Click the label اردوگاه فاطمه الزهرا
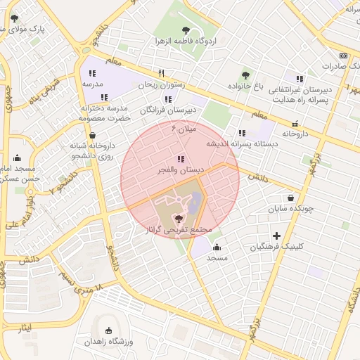click(x=186, y=41)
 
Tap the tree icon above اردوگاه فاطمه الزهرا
click(x=186, y=30)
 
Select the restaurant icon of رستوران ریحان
click(x=162, y=73)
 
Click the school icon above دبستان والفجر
click(x=181, y=159)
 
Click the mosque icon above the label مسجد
click(x=217, y=247)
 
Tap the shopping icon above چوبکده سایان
click(x=290, y=198)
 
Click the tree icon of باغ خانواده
click(x=245, y=75)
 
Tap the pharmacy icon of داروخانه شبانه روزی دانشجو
click(x=92, y=135)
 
